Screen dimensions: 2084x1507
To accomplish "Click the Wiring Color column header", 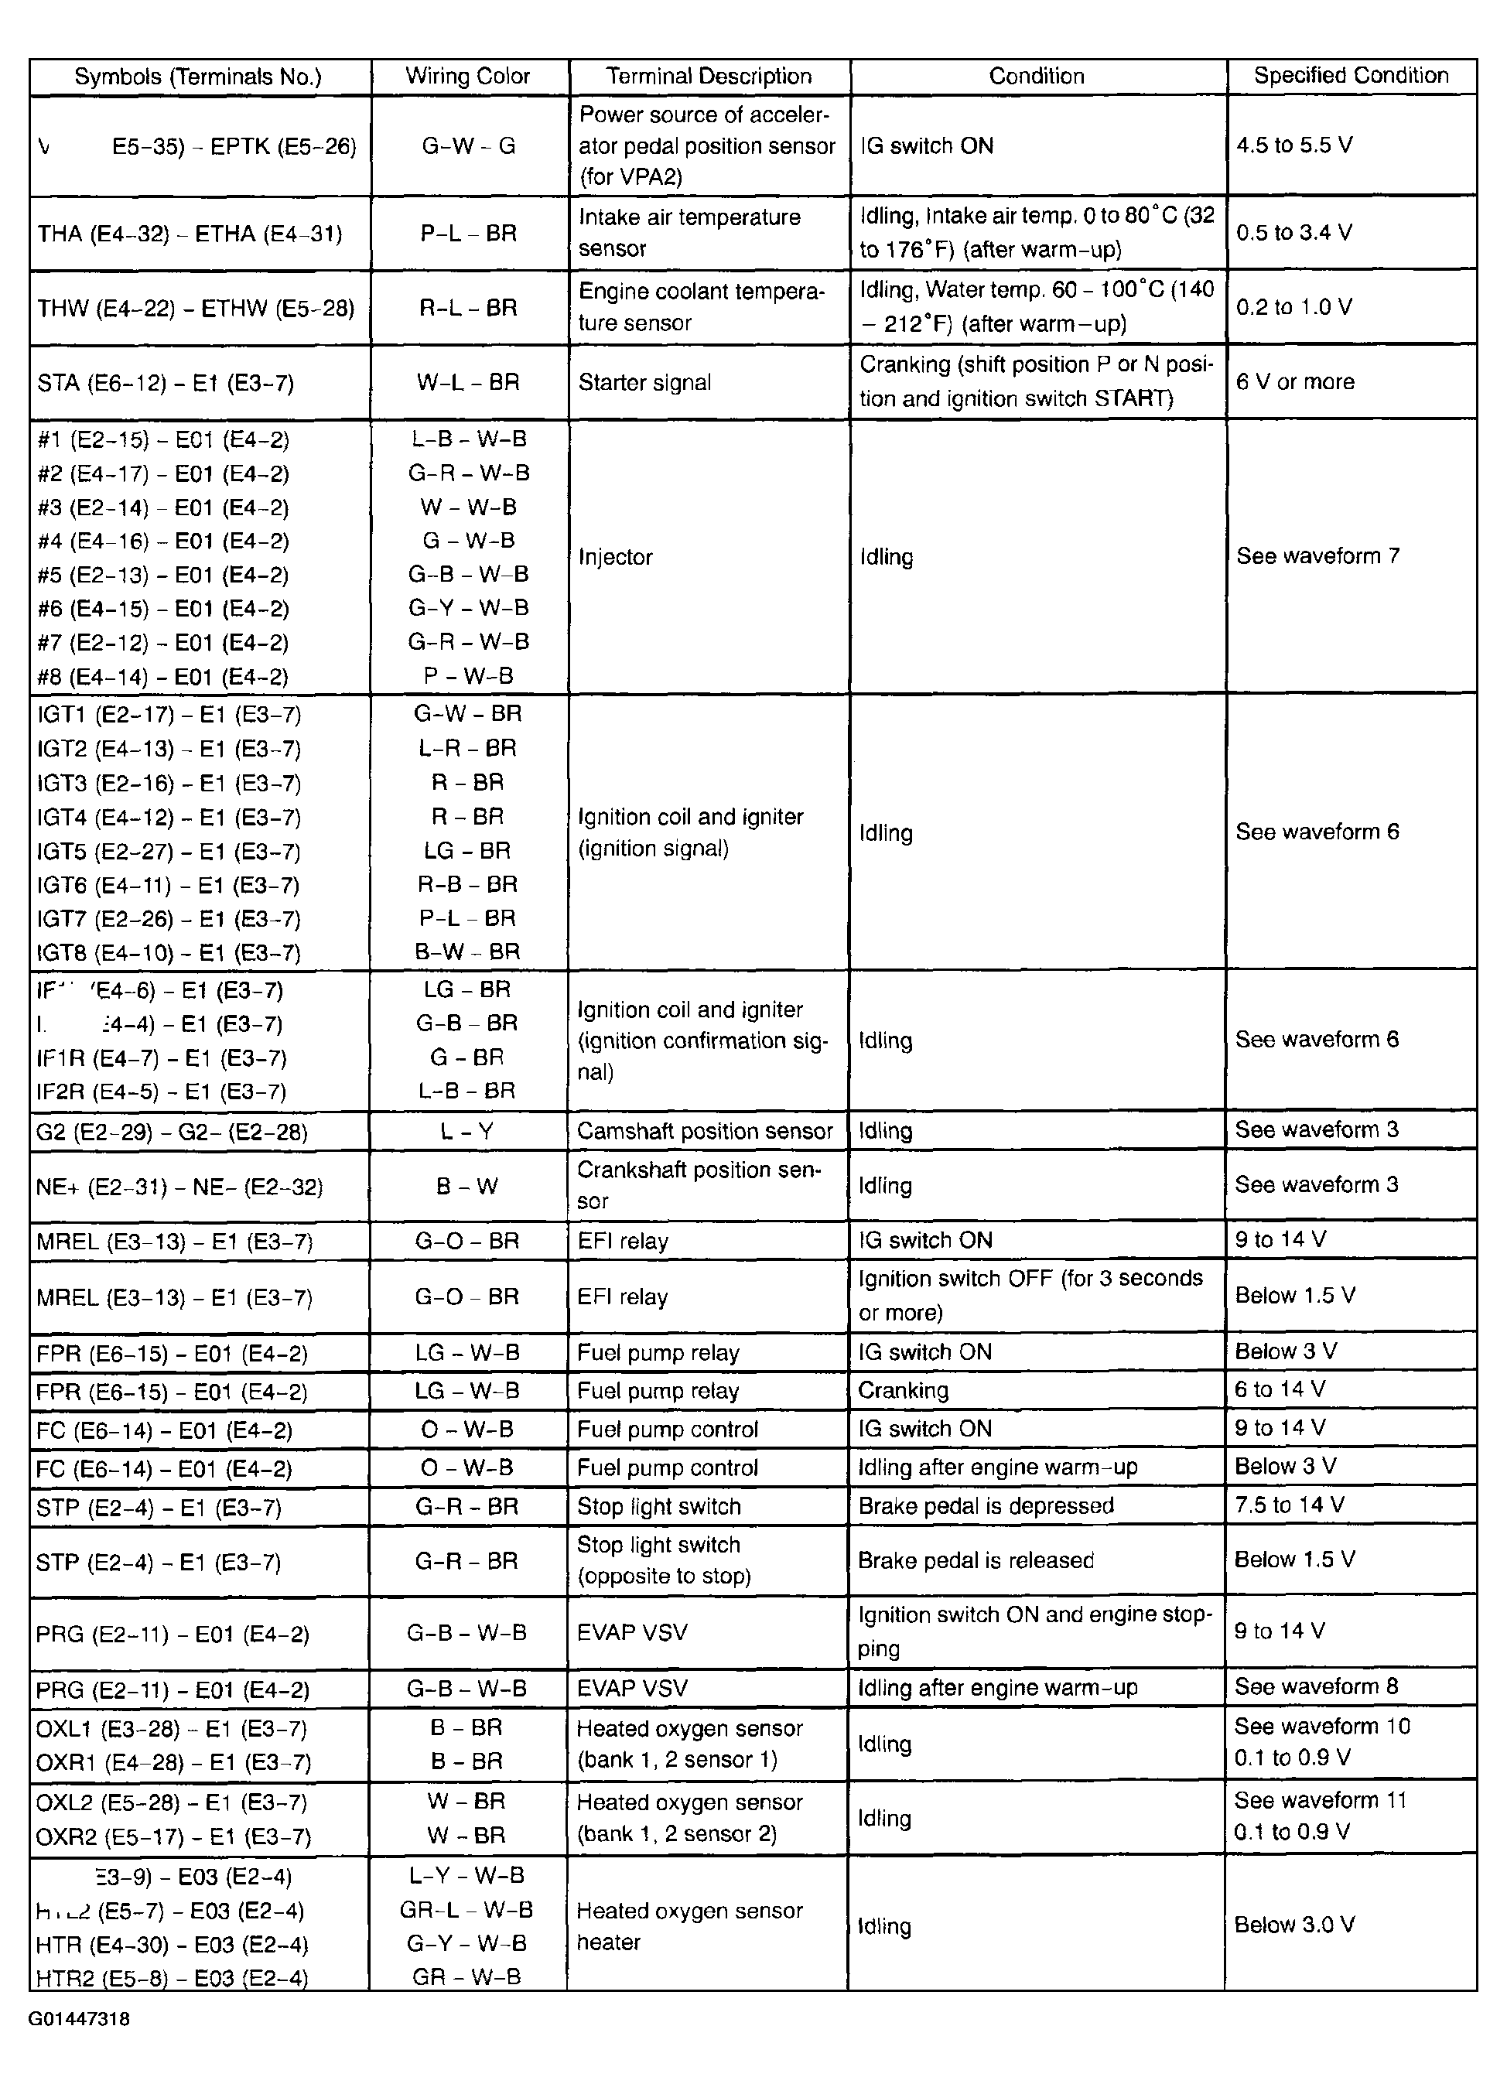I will (x=468, y=77).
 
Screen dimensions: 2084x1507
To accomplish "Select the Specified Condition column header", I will (x=1350, y=75).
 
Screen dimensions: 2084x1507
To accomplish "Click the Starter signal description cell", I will (x=644, y=382).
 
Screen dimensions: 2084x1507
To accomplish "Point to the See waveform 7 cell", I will (x=1317, y=556).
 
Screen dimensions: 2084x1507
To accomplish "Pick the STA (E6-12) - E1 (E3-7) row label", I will (x=166, y=382).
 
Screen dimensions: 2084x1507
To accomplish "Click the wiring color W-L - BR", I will (x=468, y=382).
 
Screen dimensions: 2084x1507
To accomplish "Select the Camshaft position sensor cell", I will (x=705, y=1131).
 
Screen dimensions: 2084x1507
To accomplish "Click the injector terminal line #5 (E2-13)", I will (x=162, y=576).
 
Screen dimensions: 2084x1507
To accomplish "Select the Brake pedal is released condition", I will (x=976, y=1560).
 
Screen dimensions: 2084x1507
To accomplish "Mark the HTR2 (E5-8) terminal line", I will (x=171, y=1978).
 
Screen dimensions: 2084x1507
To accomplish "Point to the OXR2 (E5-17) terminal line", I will (x=171, y=1836).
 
